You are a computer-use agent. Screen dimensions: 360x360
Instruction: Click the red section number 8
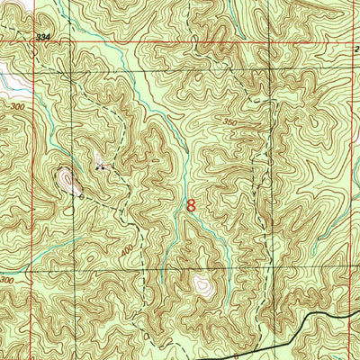pos(190,204)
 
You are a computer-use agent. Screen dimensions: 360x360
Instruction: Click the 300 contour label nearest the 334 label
pos(17,106)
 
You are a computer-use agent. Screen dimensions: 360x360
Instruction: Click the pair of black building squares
pos(100,166)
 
